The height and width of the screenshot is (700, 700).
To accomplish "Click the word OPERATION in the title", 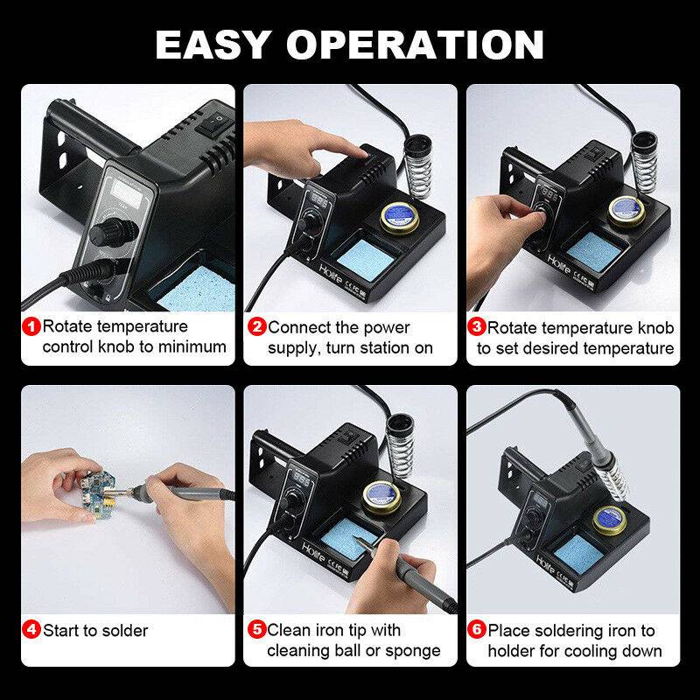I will click(x=426, y=44).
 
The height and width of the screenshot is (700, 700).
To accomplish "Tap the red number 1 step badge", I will click(x=31, y=328).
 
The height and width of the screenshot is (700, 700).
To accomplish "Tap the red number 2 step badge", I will click(x=257, y=328).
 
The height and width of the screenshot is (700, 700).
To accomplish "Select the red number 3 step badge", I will click(x=477, y=328).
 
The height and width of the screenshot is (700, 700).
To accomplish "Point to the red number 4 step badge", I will click(x=31, y=630).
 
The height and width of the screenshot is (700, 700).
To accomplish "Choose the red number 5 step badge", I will click(x=257, y=630).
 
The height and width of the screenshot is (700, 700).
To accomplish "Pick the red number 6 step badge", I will click(x=477, y=630).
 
